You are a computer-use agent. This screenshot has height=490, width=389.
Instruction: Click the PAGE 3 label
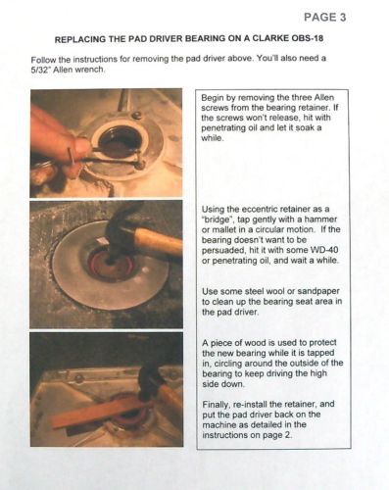[x=324, y=17]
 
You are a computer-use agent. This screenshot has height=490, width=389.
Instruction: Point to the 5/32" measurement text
[x=41, y=70]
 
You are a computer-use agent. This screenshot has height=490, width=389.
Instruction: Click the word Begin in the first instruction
[x=211, y=98]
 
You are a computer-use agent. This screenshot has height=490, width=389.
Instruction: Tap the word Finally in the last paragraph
[x=216, y=405]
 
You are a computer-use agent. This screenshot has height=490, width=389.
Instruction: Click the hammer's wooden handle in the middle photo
[x=158, y=242]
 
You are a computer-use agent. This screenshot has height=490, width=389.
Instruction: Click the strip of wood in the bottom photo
[x=98, y=413]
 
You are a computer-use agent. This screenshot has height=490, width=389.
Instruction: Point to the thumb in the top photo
[x=80, y=146]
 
